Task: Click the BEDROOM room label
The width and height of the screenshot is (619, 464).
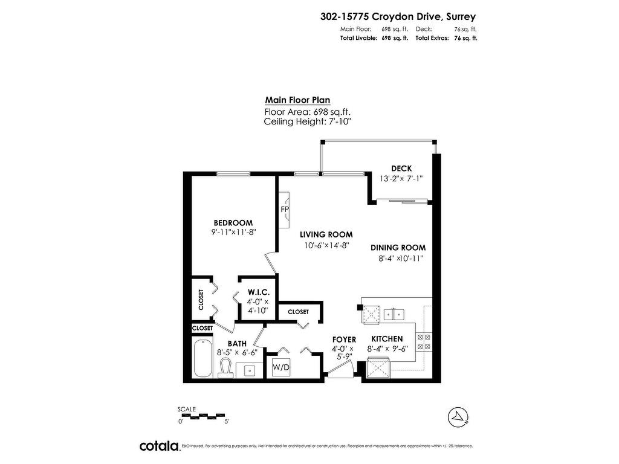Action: pos(233,223)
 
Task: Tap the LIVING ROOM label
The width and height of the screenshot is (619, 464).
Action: pos(326,235)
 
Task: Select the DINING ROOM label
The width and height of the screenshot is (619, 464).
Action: pos(398,248)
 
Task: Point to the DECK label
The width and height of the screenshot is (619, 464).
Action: pos(401,169)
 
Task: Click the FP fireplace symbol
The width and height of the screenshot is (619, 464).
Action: pos(284,210)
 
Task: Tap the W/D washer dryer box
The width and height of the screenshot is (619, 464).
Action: pos(281,367)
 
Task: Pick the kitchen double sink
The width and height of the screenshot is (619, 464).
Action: pos(394,314)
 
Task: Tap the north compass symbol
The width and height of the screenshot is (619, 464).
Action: pos(458,417)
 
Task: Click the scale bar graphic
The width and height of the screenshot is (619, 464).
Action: pos(201,416)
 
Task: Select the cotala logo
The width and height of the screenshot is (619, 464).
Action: pos(160,446)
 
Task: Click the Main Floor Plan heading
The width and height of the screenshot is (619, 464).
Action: pos(297,100)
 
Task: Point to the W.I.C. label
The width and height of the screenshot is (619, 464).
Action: pos(259,292)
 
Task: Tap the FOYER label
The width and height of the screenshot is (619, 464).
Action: pos(344,340)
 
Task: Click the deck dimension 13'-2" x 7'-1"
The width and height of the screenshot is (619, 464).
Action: pos(401,178)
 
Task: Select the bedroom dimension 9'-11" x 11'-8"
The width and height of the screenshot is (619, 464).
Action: pos(234,233)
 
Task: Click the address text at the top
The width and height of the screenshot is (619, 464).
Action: pos(398,16)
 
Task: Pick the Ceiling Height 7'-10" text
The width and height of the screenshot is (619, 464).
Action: pos(308,121)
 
